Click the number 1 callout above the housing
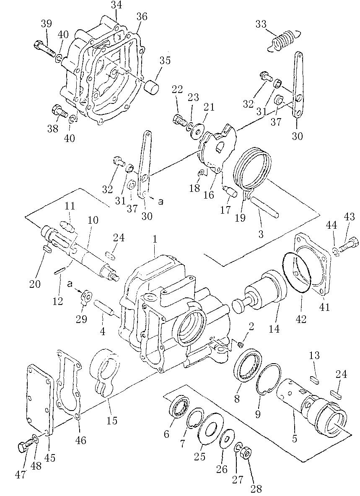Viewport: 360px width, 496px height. tap(155, 239)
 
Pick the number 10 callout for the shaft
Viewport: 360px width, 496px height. tap(93, 220)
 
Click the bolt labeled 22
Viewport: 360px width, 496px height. tap(180, 121)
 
